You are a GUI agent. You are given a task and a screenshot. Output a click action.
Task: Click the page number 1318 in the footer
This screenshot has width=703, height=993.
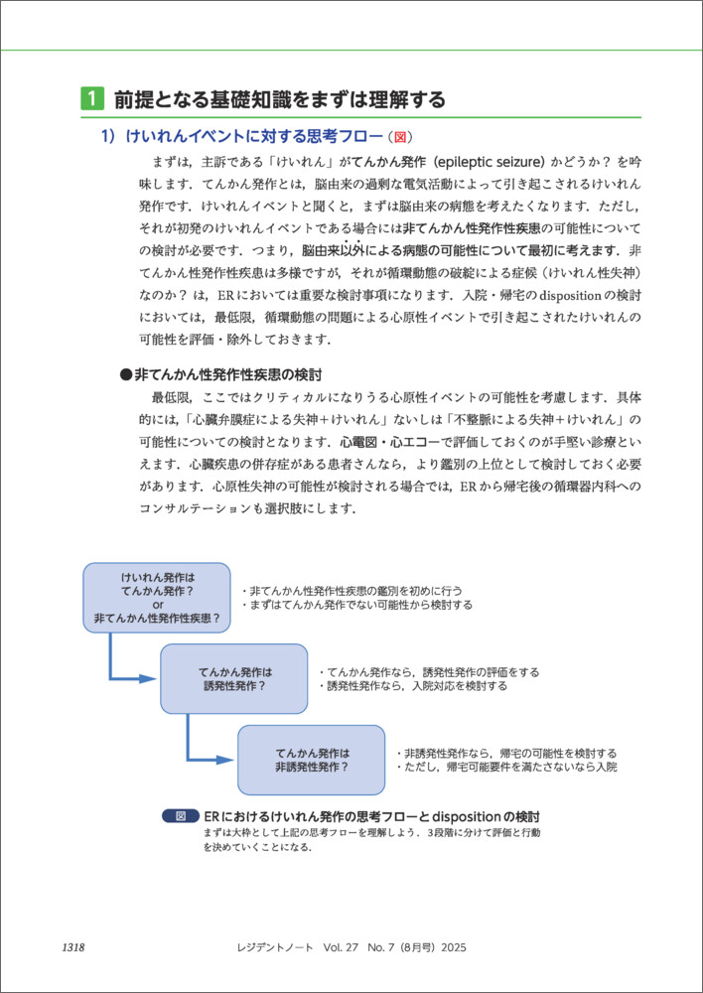72,947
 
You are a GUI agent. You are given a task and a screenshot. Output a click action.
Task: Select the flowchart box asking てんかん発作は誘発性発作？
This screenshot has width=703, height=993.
234,678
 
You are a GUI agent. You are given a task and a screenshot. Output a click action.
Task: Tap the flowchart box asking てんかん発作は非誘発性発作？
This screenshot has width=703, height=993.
312,760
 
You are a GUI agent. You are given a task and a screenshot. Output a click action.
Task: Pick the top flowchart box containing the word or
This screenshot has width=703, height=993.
157,597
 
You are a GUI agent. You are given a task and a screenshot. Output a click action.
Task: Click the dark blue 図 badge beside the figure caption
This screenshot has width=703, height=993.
180,815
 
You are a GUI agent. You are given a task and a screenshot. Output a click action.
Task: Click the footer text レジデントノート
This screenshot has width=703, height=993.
271,947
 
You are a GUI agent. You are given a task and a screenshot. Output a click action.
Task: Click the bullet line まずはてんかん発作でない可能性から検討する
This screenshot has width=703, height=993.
357,604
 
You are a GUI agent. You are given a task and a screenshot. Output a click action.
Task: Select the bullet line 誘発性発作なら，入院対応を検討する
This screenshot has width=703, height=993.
413,686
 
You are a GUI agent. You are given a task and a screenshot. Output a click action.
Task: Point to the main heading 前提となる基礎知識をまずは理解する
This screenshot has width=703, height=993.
279,99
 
